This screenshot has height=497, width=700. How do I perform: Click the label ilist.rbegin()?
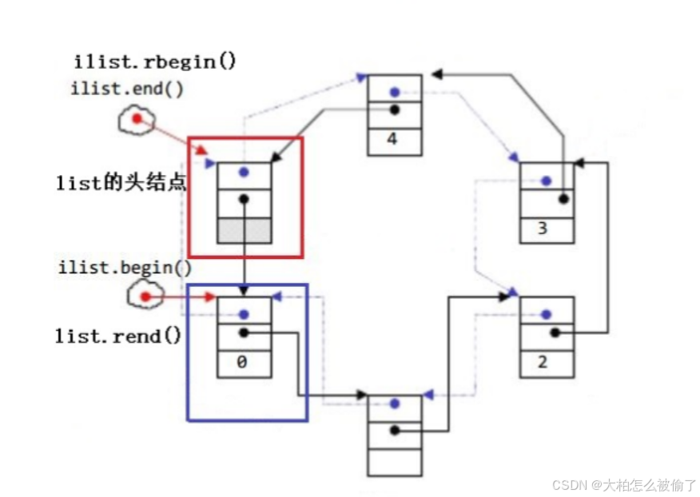[x=155, y=62]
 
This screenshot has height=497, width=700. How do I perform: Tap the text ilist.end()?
[x=127, y=88]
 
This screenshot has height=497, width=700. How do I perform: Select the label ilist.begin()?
[x=125, y=268]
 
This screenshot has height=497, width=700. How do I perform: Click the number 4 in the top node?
[x=392, y=139]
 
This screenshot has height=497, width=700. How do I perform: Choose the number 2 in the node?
[x=543, y=363]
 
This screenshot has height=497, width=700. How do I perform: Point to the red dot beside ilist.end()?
[x=137, y=119]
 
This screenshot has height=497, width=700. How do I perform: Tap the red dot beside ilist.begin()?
[x=145, y=297]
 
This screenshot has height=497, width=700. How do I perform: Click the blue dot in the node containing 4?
[x=394, y=92]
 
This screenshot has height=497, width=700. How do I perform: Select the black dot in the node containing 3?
[x=564, y=199]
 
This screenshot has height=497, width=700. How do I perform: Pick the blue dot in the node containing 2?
[x=547, y=315]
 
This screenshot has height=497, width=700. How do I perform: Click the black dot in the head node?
[x=244, y=200]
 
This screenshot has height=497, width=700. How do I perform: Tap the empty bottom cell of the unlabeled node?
[x=394, y=462]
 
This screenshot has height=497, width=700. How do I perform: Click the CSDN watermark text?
[x=624, y=485]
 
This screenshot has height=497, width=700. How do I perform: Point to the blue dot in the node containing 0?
[x=244, y=315]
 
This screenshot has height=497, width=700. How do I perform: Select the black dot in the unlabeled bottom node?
[x=395, y=431]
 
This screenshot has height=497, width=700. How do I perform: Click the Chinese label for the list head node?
[x=121, y=182]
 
